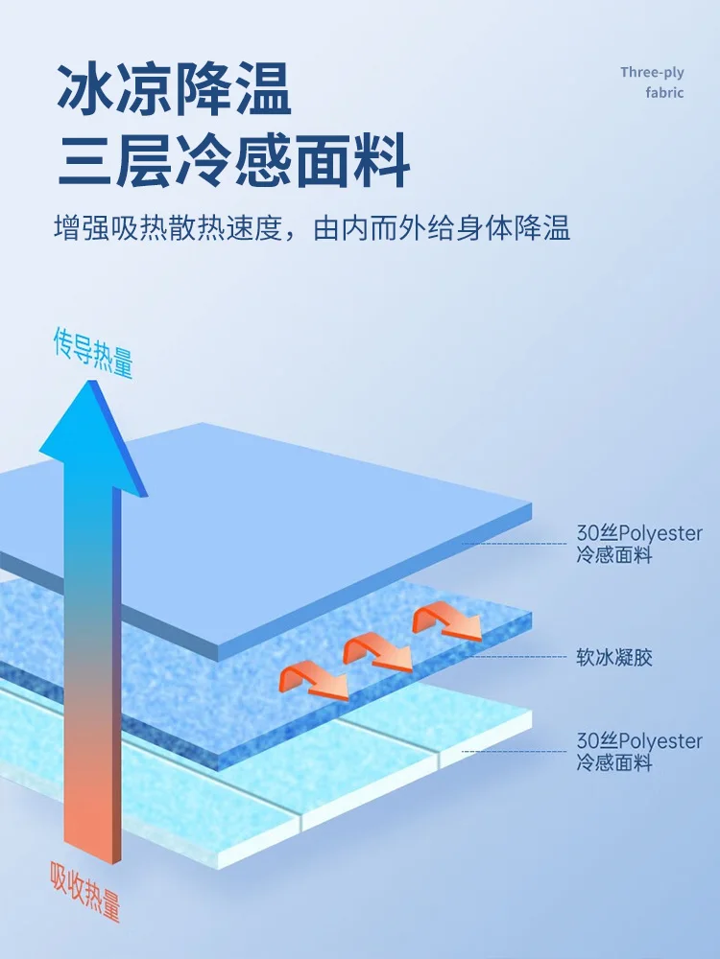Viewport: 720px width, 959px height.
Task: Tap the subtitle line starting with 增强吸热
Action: (312, 228)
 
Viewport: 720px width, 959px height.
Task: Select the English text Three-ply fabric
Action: (652, 82)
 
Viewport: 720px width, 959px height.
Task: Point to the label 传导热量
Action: (92, 352)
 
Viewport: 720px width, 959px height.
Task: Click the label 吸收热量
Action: (85, 891)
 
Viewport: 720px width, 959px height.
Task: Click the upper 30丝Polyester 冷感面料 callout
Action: (639, 544)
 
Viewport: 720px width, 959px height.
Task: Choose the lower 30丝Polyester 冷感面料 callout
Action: (639, 752)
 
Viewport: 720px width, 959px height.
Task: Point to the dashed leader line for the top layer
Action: (518, 544)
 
